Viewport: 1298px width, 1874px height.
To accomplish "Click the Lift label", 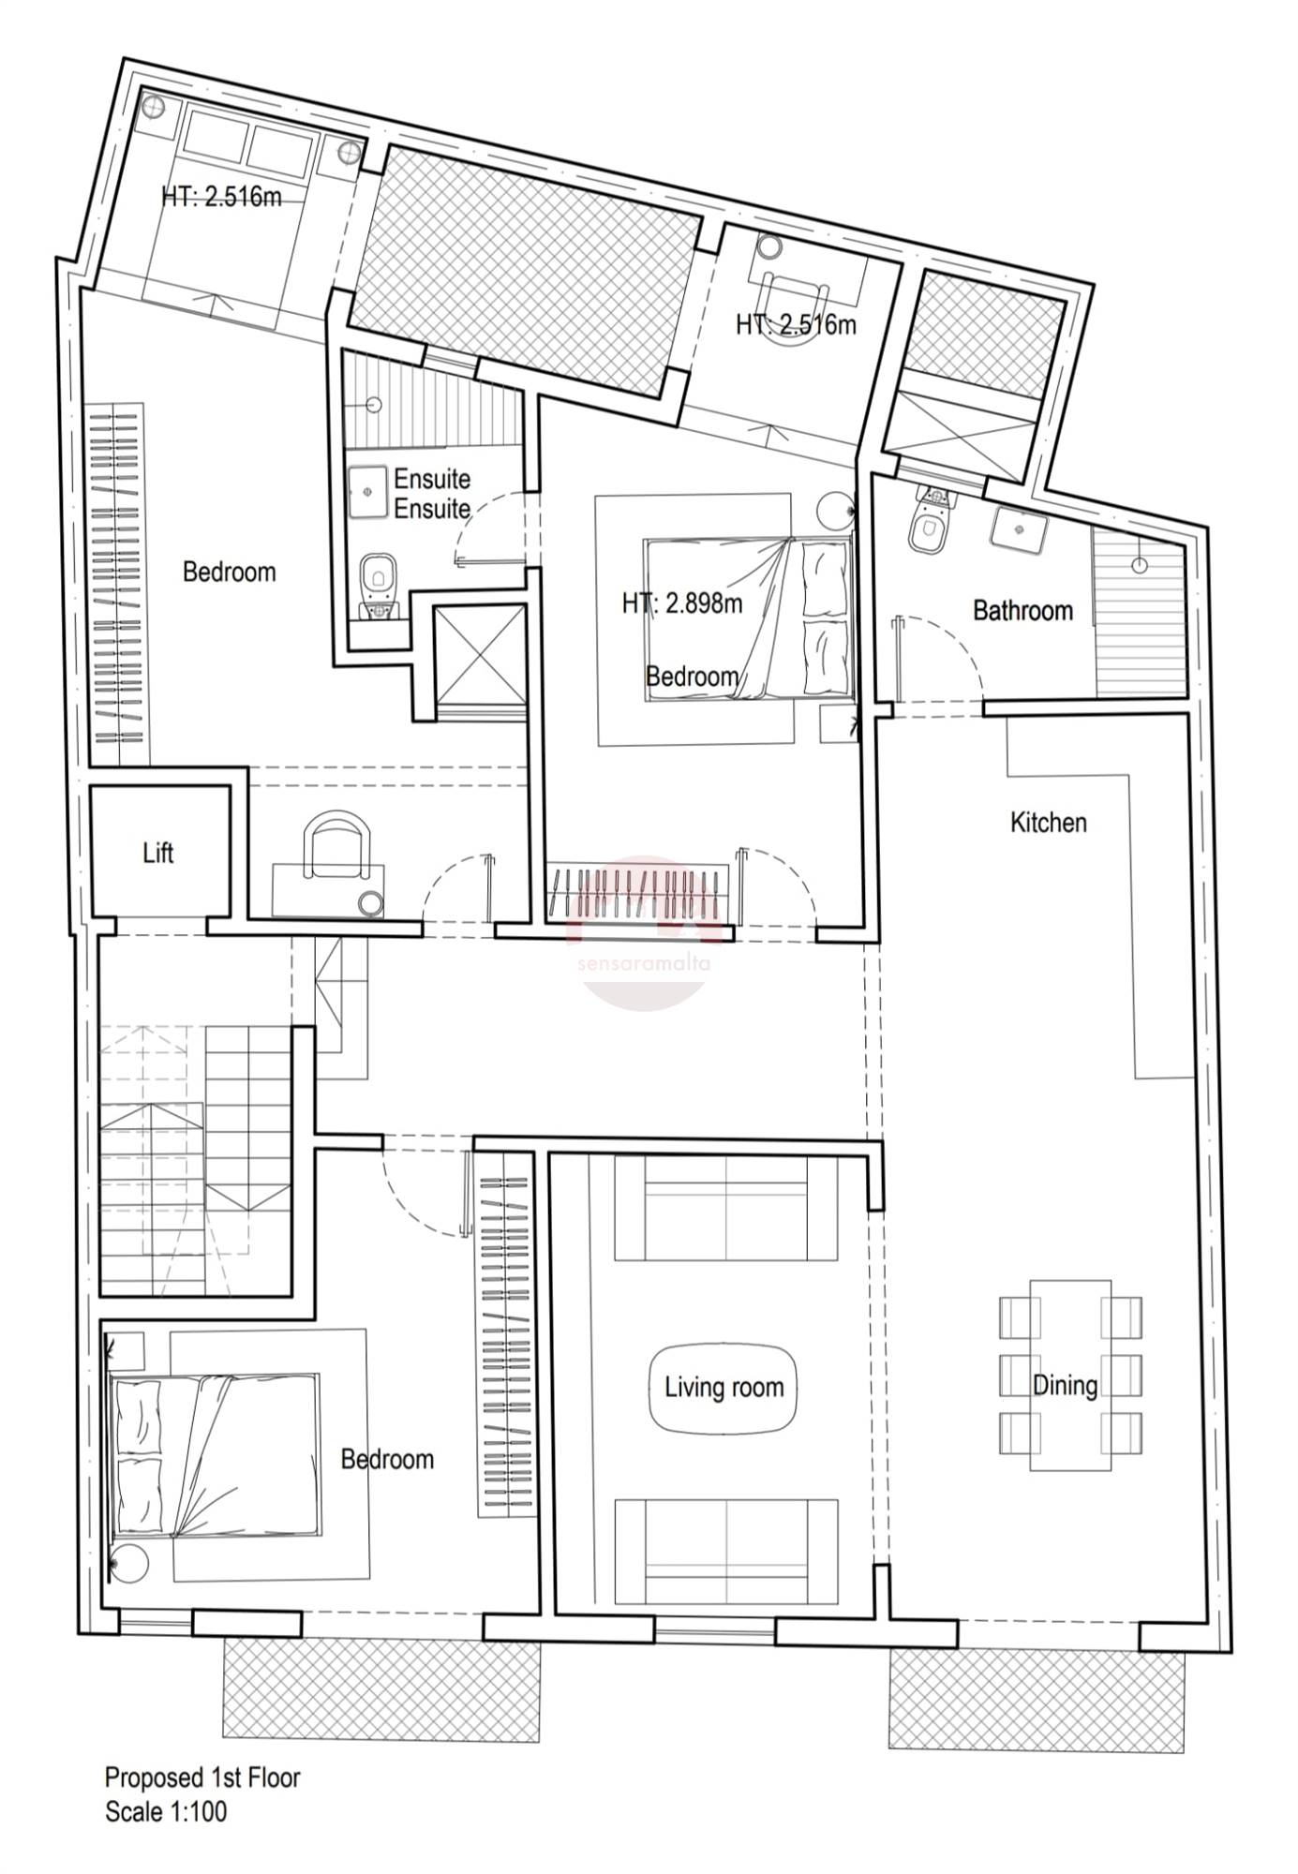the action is [158, 853].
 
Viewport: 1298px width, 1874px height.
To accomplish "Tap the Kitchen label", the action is [1048, 823].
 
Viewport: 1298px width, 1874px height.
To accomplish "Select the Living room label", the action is [724, 1387].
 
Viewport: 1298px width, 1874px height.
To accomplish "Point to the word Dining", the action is [1065, 1385].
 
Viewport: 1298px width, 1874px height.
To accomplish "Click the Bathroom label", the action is [1022, 611].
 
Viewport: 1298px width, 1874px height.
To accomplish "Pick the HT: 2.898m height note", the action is [682, 603].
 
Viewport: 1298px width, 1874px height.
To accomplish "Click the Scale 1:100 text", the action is [166, 1838].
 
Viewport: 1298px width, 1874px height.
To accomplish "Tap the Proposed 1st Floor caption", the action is [202, 1804].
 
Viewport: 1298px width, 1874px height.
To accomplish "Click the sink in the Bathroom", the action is [1018, 529].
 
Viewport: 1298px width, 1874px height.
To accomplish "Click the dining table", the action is [1071, 1376].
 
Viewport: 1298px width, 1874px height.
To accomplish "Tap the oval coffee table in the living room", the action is [723, 1389].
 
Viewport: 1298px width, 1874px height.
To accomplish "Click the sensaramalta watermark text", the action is [646, 962].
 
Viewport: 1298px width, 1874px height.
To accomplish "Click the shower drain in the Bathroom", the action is [1139, 565].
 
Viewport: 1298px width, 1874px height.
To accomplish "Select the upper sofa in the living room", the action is [726, 1208].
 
